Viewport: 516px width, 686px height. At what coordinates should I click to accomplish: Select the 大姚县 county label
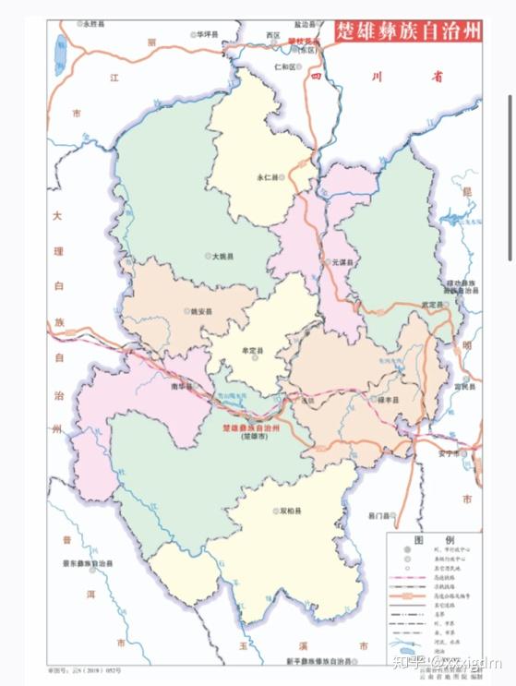222,256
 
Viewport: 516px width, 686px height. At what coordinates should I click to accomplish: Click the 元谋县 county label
341,263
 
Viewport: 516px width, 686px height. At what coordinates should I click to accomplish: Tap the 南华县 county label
181,387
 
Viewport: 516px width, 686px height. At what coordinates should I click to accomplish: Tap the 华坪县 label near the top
207,34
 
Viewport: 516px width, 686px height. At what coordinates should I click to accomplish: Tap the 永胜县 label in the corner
95,25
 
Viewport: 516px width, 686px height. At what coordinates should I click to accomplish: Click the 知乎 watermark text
408,661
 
